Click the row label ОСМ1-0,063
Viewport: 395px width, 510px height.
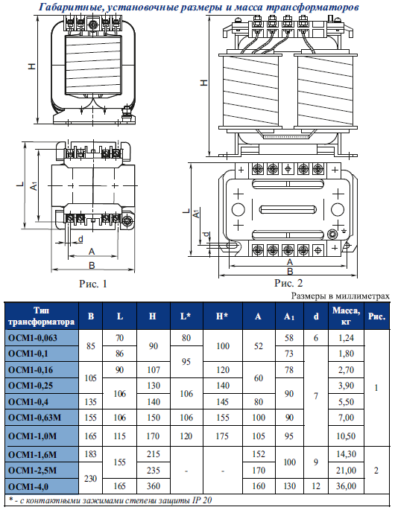coord(33,338)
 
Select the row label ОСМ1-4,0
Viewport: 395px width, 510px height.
coord(28,486)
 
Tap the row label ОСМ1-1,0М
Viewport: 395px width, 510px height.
coord(33,436)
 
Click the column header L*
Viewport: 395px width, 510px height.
coord(186,316)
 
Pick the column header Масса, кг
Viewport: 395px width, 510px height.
coord(346,316)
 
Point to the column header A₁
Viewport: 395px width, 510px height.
coord(289,316)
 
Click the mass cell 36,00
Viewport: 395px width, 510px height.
coord(346,486)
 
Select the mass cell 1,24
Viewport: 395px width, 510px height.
coord(346,338)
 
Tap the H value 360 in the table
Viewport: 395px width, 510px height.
coord(153,486)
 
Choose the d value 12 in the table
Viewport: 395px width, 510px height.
coord(316,486)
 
